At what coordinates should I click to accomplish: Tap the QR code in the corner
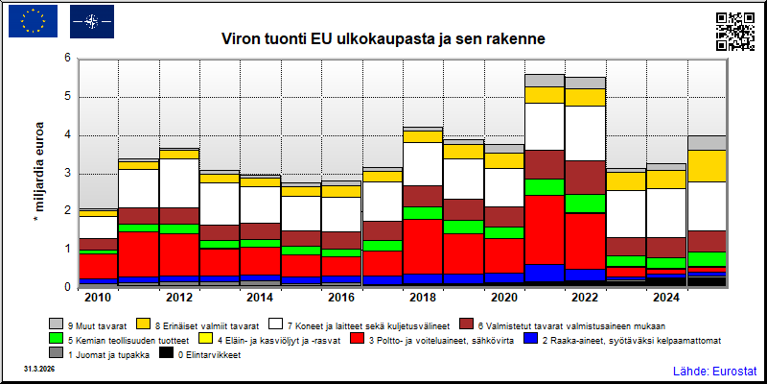[735, 32]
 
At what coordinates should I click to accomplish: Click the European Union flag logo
[33, 21]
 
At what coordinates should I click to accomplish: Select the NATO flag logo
[92, 21]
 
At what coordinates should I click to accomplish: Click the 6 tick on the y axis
[68, 59]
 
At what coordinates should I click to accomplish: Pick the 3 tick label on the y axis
[68, 174]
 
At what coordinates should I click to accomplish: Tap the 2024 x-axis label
[666, 298]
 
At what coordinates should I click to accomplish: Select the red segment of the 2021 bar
[545, 229]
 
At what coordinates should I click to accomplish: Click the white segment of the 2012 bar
[179, 183]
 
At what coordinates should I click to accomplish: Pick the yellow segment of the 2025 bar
[708, 166]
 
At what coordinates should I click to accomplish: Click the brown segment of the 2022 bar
[586, 178]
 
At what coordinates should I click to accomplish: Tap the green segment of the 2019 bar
[464, 227]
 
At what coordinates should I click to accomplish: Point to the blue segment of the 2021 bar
[545, 273]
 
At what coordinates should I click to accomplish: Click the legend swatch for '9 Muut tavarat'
[55, 324]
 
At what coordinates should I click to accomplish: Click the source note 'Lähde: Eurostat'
[714, 371]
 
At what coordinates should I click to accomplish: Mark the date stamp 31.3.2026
[38, 368]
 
